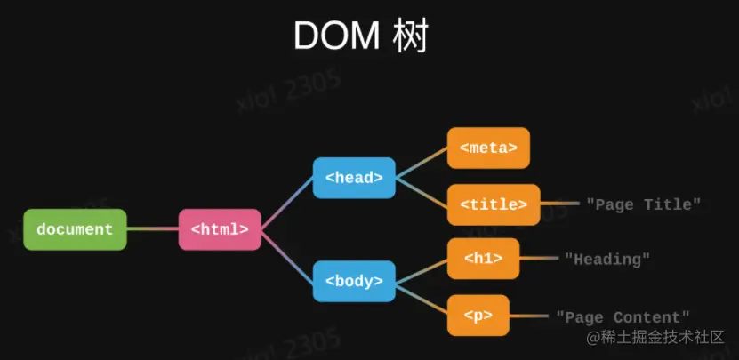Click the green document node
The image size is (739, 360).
[x=75, y=229]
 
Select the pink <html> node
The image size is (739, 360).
[x=220, y=229]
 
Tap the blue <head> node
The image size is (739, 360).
[x=354, y=178]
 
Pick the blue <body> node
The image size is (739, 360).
[x=354, y=281]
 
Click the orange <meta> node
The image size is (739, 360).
[x=488, y=148]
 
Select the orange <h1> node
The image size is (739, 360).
[x=483, y=259]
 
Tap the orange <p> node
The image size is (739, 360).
[x=478, y=316]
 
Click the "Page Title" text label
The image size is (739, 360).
[x=644, y=204]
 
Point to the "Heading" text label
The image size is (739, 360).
[x=607, y=260]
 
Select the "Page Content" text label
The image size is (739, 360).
[x=623, y=316]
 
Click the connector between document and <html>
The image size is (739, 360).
[x=152, y=229]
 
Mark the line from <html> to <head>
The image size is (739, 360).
[x=287, y=204]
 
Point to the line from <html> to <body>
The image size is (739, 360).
[x=287, y=255]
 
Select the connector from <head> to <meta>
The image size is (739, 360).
[x=421, y=164]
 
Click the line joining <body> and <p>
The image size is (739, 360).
[x=421, y=299]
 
